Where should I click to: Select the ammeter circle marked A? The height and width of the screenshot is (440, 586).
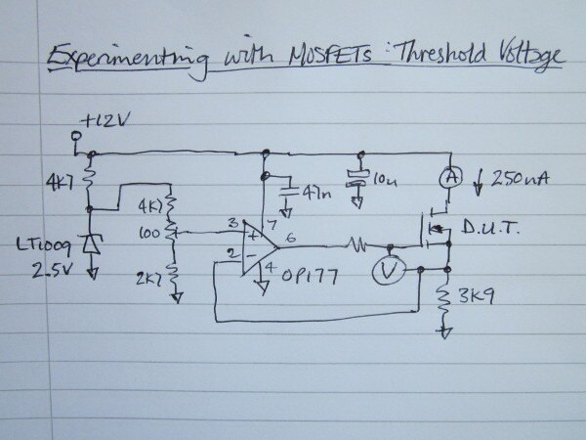coord(448,179)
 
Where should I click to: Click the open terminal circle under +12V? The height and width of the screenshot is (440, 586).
coord(74,151)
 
